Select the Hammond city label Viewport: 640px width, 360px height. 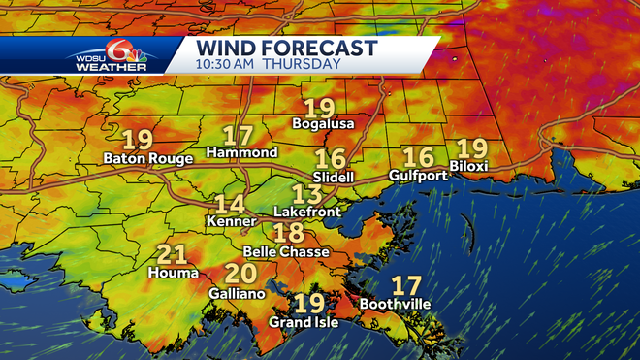242,153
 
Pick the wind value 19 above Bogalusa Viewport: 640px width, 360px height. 319,108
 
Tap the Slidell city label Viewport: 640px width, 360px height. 332,177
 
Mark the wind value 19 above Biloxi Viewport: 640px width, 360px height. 471,147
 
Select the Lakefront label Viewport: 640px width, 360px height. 307,210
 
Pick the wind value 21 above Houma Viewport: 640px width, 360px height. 172,255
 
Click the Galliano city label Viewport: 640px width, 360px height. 238,292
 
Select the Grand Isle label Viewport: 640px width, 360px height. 304,322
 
